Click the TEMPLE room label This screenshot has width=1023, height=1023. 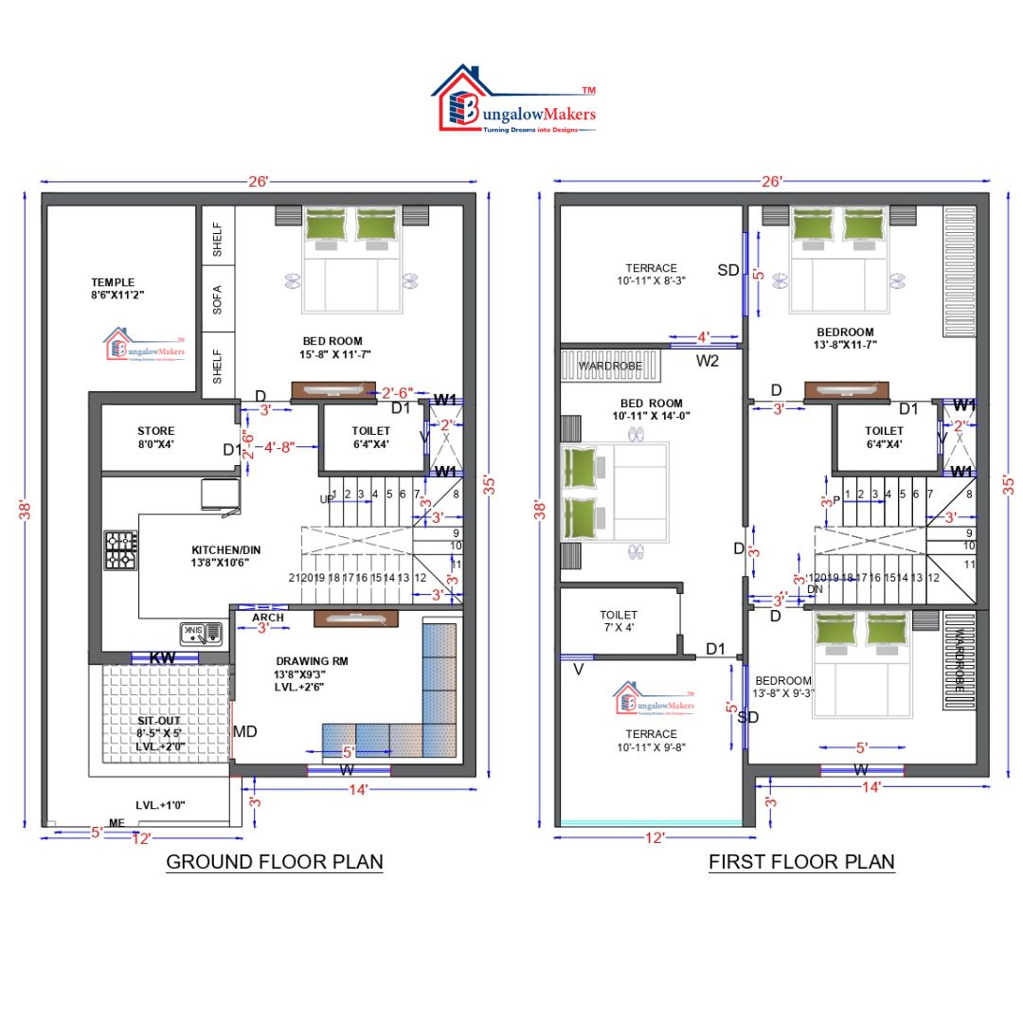click(x=113, y=282)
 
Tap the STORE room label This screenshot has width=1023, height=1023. click(x=155, y=431)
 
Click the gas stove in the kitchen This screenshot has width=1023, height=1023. click(x=121, y=550)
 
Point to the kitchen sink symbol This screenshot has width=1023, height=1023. click(x=200, y=631)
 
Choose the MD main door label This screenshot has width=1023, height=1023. click(x=246, y=732)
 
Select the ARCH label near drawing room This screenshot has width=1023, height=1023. click(x=267, y=618)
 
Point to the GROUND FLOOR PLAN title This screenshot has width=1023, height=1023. click(x=275, y=862)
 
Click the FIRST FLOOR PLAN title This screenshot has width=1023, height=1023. click(x=801, y=862)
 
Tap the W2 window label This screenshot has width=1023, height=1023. click(x=709, y=361)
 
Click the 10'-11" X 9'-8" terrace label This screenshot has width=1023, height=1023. click(x=651, y=747)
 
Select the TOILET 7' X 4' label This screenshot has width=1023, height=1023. click(x=619, y=621)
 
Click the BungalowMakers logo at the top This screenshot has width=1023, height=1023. click(x=514, y=99)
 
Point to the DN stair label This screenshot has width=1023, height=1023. click(x=815, y=589)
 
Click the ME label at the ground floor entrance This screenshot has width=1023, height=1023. click(x=117, y=824)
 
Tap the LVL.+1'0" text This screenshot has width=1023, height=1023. click(x=161, y=805)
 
